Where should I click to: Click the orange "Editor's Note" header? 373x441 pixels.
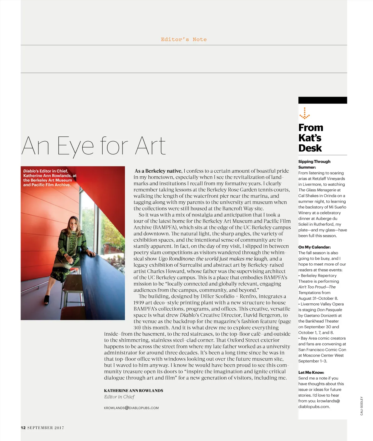coord(183,39)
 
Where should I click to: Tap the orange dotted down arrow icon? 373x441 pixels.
coord(305,114)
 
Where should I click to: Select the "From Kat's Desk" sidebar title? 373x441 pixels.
coord(311,138)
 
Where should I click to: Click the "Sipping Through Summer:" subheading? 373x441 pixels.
coord(314,164)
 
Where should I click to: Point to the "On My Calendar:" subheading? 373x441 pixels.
coord(314,247)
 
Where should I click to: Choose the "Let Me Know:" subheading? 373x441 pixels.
coord(311,372)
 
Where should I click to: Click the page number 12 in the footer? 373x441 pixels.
coord(23,428)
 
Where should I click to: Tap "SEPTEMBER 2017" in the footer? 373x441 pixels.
coord(46,428)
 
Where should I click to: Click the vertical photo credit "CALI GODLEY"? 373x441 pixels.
coord(361,406)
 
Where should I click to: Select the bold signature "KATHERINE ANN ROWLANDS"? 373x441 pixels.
coord(133,391)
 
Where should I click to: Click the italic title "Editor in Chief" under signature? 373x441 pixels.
coord(119,397)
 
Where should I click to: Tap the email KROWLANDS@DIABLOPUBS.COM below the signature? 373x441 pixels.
coord(131,408)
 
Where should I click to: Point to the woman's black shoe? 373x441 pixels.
coord(47,300)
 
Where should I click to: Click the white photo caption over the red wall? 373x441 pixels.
coord(49,178)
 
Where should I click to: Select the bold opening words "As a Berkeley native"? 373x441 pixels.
coord(158,171)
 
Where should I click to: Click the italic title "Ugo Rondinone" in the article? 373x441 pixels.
coord(176,259)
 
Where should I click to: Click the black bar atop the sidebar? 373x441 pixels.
coord(322,100)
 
